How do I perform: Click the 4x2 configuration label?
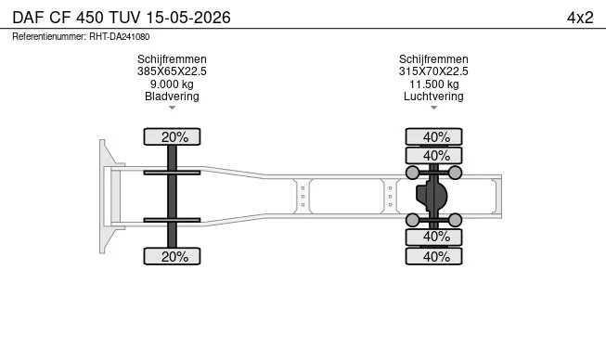point(580,18)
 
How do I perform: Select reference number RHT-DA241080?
point(120,37)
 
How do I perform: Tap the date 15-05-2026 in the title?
point(188,18)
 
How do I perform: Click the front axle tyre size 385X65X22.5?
point(172,71)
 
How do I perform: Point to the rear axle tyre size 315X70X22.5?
point(433,71)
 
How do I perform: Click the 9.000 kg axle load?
point(172,84)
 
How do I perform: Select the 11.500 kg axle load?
point(434,84)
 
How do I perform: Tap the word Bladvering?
point(172,96)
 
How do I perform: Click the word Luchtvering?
point(433,96)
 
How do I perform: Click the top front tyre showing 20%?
point(172,136)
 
